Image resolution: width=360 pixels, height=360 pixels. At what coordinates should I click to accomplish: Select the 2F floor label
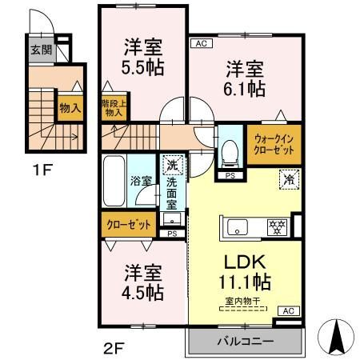(x=113, y=347)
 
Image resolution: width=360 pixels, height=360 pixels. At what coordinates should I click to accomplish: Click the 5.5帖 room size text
(x=144, y=67)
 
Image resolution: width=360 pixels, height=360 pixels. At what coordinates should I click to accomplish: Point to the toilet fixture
(x=230, y=150)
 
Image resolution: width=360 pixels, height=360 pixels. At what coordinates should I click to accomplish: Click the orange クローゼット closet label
(x=130, y=226)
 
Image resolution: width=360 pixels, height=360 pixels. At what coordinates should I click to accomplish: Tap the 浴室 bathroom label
(x=142, y=181)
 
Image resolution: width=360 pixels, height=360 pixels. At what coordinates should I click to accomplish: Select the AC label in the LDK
(x=290, y=310)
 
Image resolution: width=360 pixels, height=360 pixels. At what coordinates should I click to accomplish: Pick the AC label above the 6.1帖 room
(x=199, y=44)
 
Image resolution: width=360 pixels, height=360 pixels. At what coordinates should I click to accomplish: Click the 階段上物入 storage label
(x=113, y=108)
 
